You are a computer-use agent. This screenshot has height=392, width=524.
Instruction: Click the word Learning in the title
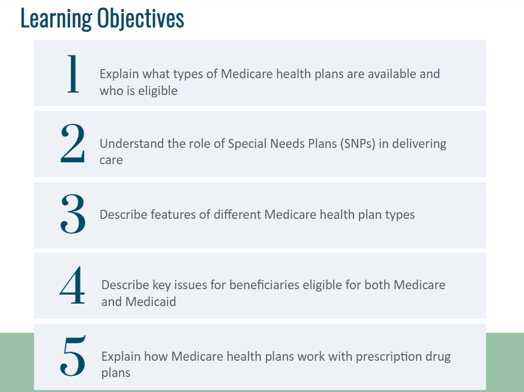56,19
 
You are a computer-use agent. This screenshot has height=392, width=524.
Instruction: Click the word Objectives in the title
140,19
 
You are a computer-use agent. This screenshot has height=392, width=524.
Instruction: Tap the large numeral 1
73,74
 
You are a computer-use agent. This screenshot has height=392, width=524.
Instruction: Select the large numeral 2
73,143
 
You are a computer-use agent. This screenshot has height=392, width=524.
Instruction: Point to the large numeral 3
73,214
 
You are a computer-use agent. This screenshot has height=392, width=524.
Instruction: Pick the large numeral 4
72,285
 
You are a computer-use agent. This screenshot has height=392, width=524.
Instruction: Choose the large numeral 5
73,356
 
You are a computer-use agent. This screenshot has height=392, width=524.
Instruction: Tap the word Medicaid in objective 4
151,302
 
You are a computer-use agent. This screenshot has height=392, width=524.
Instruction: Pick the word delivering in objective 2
419,144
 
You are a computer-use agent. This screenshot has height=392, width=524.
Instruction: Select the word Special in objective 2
247,144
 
